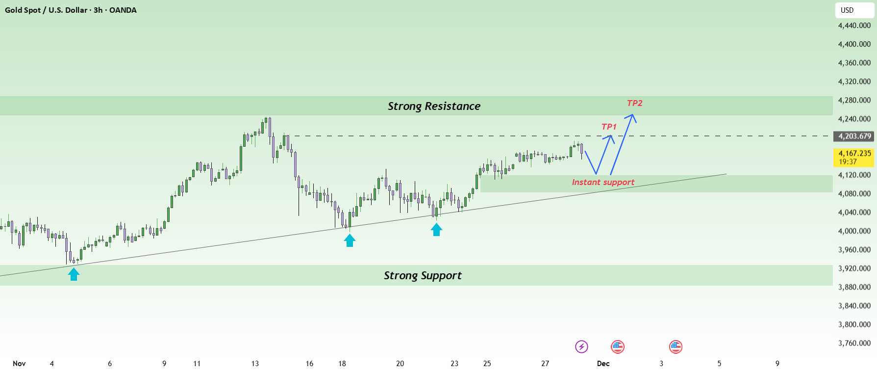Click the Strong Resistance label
pos(434,106)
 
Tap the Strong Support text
pos(423,275)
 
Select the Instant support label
pos(603,182)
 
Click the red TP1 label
pos(609,127)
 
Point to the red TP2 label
pos(634,103)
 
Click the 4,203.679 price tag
pos(854,136)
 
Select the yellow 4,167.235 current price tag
pos(854,157)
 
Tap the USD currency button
pos(854,10)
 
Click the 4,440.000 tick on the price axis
pos(854,26)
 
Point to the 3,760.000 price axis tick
pos(854,343)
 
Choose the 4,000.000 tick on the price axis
pos(854,231)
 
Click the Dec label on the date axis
pos(603,364)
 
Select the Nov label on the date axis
pos(19,364)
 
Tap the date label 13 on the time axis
pos(255,364)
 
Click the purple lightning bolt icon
pos(581,347)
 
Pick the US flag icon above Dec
pos(617,347)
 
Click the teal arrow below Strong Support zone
pos(74,274)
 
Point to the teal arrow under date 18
pos(350,240)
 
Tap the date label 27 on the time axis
pos(545,364)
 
